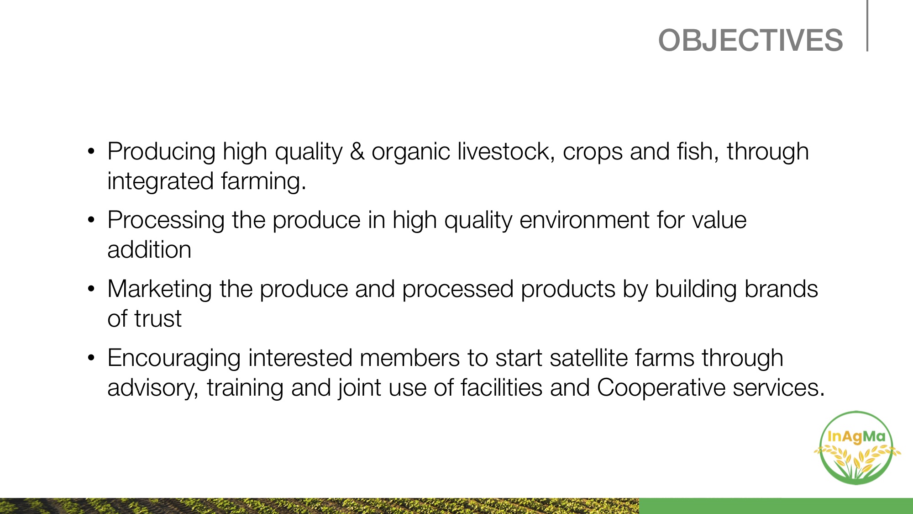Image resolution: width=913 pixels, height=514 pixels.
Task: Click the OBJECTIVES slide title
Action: click(750, 40)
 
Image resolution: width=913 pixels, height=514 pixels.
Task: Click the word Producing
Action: click(162, 152)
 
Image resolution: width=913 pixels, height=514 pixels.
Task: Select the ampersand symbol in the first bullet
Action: click(357, 151)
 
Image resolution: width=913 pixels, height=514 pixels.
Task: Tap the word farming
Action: click(263, 182)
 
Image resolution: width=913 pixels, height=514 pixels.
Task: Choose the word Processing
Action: click(166, 221)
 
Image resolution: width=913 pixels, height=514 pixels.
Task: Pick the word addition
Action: click(149, 250)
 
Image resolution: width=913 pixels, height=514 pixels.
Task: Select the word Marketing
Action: click(160, 290)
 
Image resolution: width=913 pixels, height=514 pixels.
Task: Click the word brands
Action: click(781, 289)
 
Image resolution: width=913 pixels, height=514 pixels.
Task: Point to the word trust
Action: click(157, 319)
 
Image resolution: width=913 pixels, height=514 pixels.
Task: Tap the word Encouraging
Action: click(174, 359)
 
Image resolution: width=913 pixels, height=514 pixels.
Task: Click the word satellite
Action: click(588, 358)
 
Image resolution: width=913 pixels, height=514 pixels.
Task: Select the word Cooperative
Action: click(661, 388)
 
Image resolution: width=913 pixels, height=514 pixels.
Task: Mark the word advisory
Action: click(153, 388)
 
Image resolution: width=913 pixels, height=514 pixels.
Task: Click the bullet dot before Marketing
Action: click(91, 289)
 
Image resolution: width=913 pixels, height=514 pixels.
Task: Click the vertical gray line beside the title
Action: click(867, 26)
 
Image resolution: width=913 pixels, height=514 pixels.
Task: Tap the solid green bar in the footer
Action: click(776, 506)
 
